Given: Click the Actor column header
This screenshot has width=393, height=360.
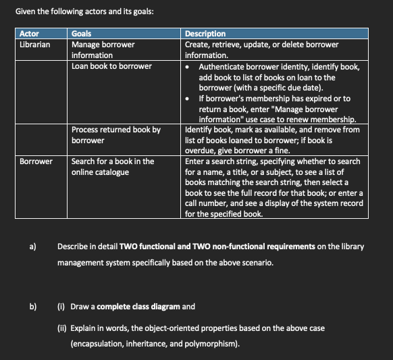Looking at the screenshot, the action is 29,34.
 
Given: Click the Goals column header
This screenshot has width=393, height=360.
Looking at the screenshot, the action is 82,34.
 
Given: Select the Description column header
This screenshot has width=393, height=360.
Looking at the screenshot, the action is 206,34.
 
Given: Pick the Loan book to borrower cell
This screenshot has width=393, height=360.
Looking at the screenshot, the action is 111,66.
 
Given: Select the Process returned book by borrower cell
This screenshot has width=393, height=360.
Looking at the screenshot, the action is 115,134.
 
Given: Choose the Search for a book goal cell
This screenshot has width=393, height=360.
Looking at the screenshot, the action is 113,167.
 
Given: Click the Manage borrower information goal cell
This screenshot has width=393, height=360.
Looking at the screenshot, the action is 103,49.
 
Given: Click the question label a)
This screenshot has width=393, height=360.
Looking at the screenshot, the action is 32,247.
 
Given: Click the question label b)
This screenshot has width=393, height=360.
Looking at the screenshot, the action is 32,307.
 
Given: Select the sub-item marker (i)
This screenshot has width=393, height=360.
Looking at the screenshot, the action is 61,307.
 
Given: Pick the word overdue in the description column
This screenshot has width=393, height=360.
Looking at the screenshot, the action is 201,151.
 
